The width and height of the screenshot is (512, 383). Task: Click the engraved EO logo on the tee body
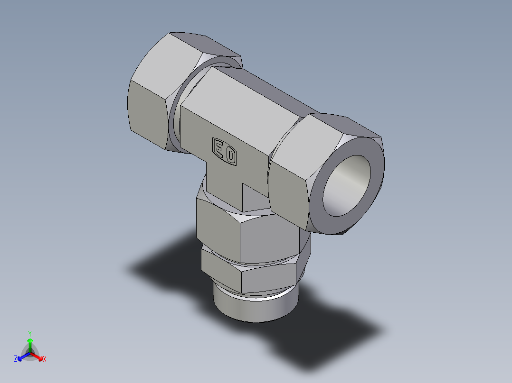(x=224, y=151)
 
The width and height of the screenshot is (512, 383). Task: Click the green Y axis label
(x=29, y=333)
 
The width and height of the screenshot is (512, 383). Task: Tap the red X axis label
(x=45, y=359)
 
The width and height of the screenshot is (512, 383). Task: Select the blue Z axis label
(x=16, y=359)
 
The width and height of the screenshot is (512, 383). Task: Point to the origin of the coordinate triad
(x=30, y=353)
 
